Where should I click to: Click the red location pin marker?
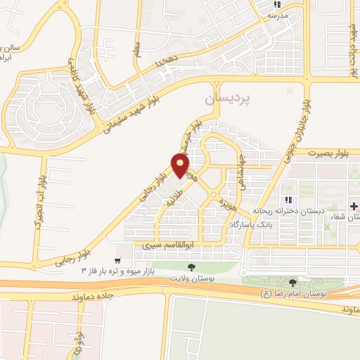tap(181, 165)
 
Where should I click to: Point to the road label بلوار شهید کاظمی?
tap(83, 67)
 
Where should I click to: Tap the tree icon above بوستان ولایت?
tap(191, 267)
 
